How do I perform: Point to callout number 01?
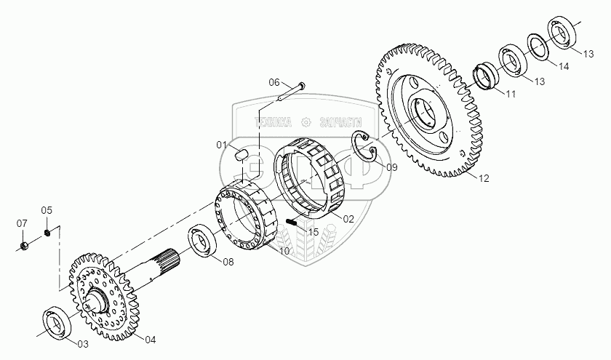(x=222, y=144)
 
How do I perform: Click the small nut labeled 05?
(x=47, y=232)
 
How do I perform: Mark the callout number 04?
(x=150, y=339)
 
